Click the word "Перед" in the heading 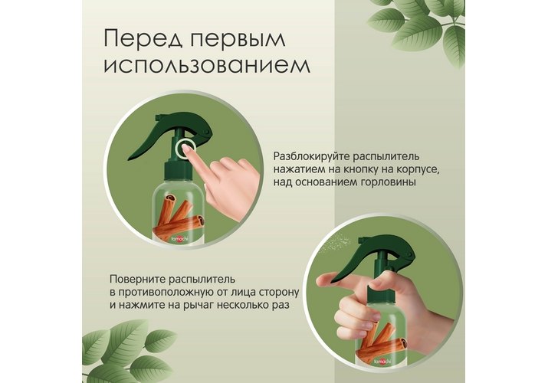coord(143,39)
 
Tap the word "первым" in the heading coord(238,40)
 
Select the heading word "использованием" coord(207,65)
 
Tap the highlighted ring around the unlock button coord(184,149)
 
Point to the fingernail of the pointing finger coord(187,149)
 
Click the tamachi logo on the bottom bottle coord(381,362)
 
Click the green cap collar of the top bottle coord(179,170)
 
